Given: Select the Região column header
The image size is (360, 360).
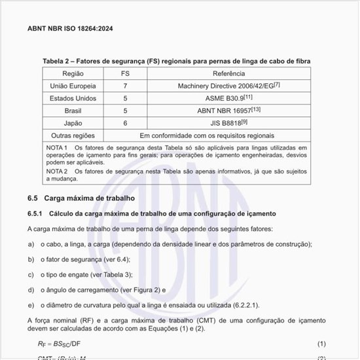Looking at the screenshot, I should pos(73,74).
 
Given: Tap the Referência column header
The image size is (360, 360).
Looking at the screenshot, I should pos(228,74).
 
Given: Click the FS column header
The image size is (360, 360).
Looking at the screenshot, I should pos(125,74).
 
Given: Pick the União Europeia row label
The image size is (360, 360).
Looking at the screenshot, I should pos(73,86).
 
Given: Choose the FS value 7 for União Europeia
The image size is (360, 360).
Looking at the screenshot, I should pos(125,86).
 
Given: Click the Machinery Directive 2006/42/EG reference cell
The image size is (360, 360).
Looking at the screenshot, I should pos(228,86).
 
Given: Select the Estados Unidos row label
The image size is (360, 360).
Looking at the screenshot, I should pos(73,98).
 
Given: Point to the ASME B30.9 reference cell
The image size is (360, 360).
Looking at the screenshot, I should pos(228,98).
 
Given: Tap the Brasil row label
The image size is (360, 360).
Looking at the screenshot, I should pos(73,111).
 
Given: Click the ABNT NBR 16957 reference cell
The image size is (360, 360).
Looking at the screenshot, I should pos(228,111).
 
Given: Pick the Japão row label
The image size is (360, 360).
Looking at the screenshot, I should pos(73,122).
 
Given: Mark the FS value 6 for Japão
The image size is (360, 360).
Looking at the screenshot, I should pos(125,122).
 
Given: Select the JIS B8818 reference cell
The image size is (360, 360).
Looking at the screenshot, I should pos(228,122).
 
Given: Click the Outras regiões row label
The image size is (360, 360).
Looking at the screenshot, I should pos(73,135).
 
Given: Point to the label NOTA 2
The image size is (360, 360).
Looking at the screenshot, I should pos(57,171).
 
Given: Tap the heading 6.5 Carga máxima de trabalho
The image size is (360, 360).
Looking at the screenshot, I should pos(81,198).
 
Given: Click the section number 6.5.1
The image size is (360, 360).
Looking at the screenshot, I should pos(35,214).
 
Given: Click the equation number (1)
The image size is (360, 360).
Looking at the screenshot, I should pos(321,344).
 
